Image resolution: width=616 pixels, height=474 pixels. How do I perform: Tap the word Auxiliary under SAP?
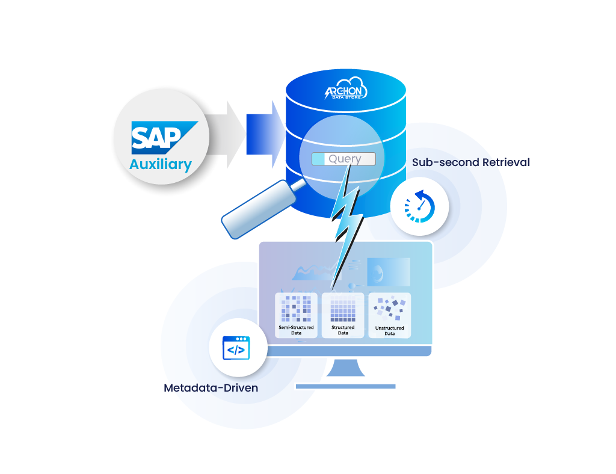pyautogui.click(x=161, y=164)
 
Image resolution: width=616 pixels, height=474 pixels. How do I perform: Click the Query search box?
pyautogui.click(x=343, y=159)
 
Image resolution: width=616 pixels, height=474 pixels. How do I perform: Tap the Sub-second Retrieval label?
pyautogui.click(x=470, y=162)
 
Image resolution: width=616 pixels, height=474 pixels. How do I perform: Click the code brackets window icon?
pyautogui.click(x=236, y=348)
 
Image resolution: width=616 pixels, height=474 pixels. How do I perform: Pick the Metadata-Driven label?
pyautogui.click(x=211, y=388)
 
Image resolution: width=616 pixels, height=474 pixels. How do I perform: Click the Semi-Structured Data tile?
pyautogui.click(x=296, y=315)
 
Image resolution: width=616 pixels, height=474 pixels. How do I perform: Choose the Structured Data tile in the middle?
pyautogui.click(x=343, y=315)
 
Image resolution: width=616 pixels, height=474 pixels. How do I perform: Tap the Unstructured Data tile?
pyautogui.click(x=389, y=315)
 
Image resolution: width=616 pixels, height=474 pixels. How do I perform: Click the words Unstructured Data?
pyautogui.click(x=389, y=330)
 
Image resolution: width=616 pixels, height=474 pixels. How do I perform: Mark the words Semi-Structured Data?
pyautogui.click(x=296, y=330)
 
